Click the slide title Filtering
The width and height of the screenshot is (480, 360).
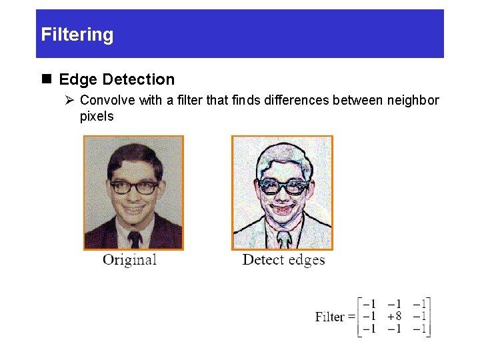coord(77,35)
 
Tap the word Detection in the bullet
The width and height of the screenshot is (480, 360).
coord(137,80)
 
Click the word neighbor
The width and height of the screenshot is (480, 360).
coord(411,101)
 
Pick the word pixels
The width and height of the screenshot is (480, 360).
coord(97,117)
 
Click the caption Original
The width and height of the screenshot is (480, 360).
coord(129,260)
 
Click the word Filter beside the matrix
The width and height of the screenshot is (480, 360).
coord(330,317)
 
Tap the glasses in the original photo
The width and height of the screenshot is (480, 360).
coord(134,187)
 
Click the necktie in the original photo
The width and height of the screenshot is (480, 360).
coord(135,239)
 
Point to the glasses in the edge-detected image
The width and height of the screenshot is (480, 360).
coord(283,187)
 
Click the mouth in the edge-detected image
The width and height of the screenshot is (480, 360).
coord(283,212)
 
